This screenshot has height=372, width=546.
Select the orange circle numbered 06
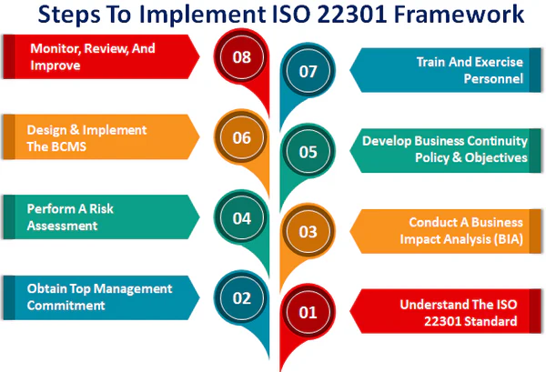[241, 138]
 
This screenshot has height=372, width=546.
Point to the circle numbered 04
[241, 218]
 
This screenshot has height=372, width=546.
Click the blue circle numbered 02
[241, 297]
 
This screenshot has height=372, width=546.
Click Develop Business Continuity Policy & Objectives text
[444, 149]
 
